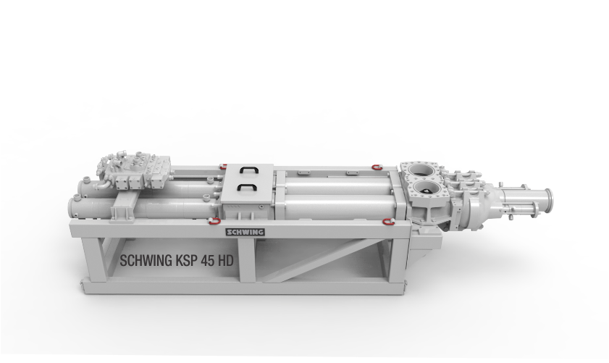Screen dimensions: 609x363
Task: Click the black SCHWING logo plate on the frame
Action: point(245,232)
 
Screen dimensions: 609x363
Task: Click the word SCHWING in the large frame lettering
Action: point(146,260)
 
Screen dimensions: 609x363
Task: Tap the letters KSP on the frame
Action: point(187,260)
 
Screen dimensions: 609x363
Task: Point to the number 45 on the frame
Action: point(208,261)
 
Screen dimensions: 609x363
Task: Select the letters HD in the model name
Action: point(226,260)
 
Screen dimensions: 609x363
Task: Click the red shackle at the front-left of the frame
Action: point(214,222)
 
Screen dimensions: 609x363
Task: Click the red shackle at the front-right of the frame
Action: point(389,222)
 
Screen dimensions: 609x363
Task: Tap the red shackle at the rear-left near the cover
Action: point(223,167)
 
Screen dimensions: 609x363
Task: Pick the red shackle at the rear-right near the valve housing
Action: point(376,167)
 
